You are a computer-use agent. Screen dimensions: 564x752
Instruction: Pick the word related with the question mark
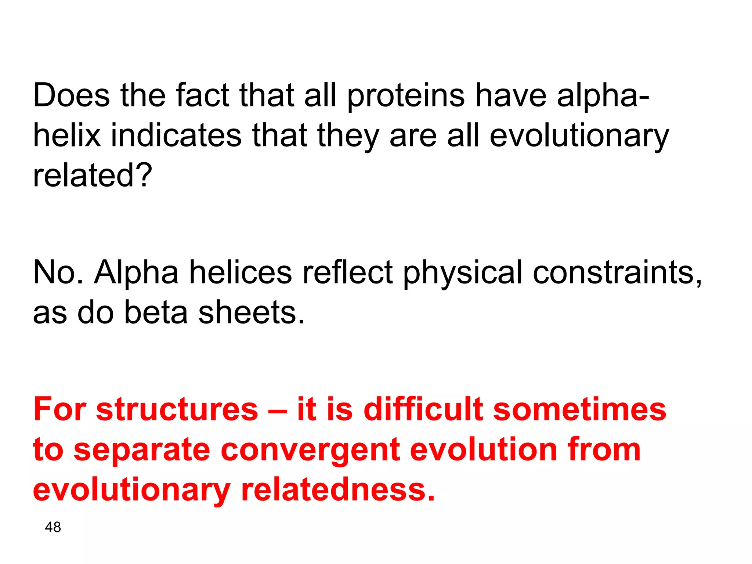92,176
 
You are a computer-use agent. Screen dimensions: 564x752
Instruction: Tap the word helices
241,272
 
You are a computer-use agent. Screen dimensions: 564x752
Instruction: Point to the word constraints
617,272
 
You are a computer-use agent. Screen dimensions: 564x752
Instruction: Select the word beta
156,312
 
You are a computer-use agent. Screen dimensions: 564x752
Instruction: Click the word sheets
252,312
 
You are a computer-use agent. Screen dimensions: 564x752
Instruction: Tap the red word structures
177,409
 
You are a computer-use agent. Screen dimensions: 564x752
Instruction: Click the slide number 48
53,527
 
